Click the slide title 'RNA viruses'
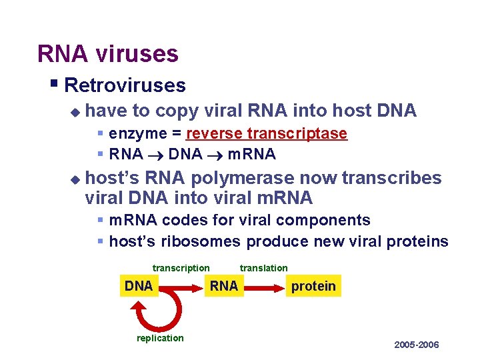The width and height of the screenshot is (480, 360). (108, 53)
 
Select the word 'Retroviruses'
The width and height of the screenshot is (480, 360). (125, 85)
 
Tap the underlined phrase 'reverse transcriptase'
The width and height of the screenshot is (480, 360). (267, 133)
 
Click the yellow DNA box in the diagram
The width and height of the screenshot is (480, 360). (139, 286)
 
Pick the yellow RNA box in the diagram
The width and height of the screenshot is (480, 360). (223, 286)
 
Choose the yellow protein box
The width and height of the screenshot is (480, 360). (313, 286)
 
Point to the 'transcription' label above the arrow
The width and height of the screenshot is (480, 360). (181, 268)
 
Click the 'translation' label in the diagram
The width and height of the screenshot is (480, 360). (264, 268)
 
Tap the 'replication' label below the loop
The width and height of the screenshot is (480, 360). (160, 338)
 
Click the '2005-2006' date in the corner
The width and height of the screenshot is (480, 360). (417, 345)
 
